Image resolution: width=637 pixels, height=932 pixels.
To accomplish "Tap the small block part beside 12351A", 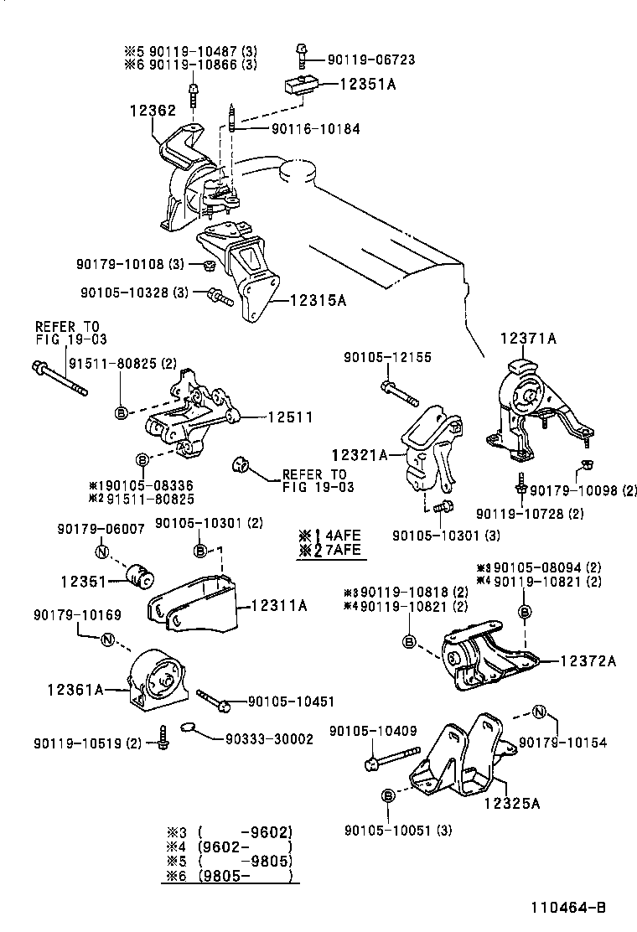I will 299,85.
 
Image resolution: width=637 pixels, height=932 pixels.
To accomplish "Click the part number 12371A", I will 529,338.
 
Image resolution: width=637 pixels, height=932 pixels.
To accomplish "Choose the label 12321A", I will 359,455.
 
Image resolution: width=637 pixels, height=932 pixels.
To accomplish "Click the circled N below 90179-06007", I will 101,551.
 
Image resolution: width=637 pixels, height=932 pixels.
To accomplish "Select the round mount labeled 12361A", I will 157,680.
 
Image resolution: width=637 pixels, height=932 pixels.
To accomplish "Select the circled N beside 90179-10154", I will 539,712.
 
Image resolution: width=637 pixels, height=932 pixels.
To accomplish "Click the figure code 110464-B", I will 567,907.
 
